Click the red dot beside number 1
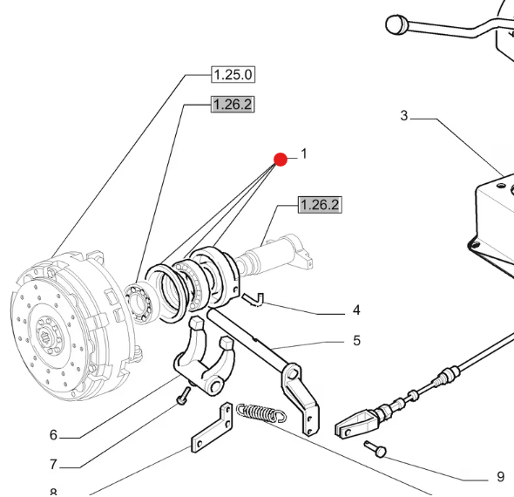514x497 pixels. point(281,159)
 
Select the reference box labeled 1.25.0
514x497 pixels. point(233,74)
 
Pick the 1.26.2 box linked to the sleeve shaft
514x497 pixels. point(319,205)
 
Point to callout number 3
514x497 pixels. point(404,115)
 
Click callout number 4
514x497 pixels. point(355,310)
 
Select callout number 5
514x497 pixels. point(355,340)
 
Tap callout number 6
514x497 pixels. point(53,435)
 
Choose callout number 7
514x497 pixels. point(53,465)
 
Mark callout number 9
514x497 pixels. point(500,477)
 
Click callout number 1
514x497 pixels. point(304,153)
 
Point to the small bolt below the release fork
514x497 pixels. point(182,396)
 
